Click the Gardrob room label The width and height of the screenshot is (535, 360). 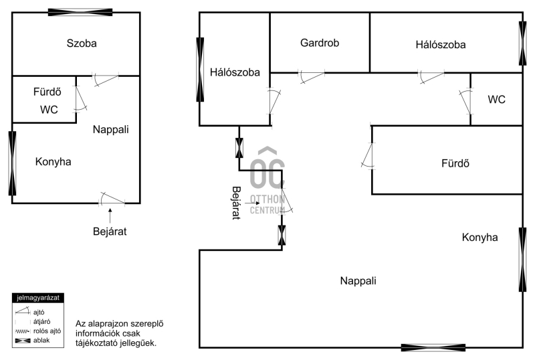point(320,43)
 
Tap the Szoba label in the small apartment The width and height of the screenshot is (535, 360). point(82,43)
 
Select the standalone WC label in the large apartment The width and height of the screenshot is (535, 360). point(496,100)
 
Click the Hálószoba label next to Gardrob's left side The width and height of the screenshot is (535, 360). point(234,72)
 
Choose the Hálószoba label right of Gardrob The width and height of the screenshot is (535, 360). point(440,45)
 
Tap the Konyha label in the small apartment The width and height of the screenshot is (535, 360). point(53,161)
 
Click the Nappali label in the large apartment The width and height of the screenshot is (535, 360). point(357,280)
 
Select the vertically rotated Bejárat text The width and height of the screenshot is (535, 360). point(235,203)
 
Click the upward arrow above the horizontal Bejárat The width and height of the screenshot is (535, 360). point(110,215)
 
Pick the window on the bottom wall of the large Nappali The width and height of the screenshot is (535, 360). point(433,347)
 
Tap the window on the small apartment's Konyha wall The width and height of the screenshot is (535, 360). point(12,163)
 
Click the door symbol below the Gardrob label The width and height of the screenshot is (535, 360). point(310,77)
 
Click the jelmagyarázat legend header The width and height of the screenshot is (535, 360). point(37,297)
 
